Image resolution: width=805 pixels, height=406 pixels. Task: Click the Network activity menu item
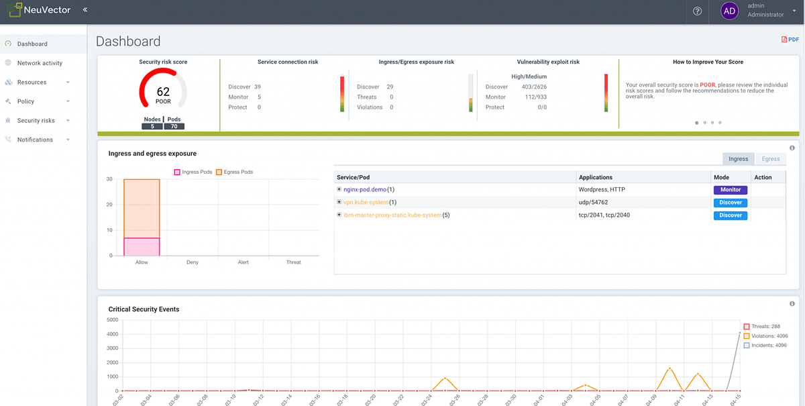[x=40, y=63]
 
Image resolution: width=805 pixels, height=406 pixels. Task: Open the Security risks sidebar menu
[x=36, y=121]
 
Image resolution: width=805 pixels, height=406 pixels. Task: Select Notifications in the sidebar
[x=35, y=140]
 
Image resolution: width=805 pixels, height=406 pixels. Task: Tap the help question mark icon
[x=697, y=11]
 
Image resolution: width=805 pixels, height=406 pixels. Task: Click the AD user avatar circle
[x=729, y=11]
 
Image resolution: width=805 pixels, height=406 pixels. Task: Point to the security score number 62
[x=163, y=92]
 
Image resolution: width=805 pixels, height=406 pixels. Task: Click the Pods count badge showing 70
[x=174, y=126]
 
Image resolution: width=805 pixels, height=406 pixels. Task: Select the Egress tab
[x=771, y=159]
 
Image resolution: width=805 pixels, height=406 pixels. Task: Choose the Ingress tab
[x=738, y=159]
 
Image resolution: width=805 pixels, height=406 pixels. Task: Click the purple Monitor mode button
[x=731, y=190]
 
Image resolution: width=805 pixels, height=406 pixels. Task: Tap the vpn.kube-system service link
[x=366, y=203]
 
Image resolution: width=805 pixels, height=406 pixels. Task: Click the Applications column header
[x=596, y=178]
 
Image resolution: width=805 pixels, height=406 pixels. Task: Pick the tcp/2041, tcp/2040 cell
[x=604, y=215]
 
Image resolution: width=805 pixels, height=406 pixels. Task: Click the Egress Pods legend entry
[x=235, y=172]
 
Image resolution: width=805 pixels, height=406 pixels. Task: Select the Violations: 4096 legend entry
[x=769, y=336]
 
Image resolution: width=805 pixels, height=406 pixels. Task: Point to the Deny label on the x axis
[x=193, y=262]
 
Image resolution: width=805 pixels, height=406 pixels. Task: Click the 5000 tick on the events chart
[x=113, y=320]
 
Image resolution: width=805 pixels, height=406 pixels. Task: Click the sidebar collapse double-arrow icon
[x=85, y=10]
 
